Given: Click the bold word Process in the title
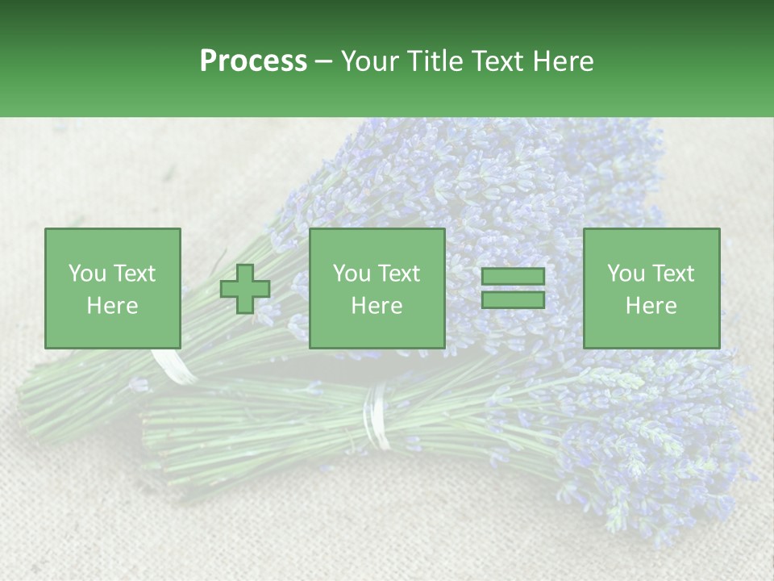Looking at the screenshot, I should tap(253, 61).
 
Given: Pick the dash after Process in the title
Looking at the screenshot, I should tap(324, 62).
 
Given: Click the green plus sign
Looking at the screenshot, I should tap(245, 289).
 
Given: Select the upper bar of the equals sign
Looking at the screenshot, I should tap(513, 277).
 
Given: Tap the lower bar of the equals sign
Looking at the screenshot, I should tap(513, 300).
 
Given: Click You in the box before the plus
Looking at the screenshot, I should tap(87, 274).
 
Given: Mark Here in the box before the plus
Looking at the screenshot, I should tap(112, 306).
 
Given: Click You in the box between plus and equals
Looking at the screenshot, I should tap(352, 274).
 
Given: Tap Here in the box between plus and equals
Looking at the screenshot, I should tap(377, 306).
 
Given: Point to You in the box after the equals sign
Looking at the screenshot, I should tap(626, 274).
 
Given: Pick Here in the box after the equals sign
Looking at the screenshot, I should tap(651, 306).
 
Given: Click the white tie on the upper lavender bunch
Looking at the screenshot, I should tap(173, 367).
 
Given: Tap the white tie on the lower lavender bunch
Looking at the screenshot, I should tap(376, 416).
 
